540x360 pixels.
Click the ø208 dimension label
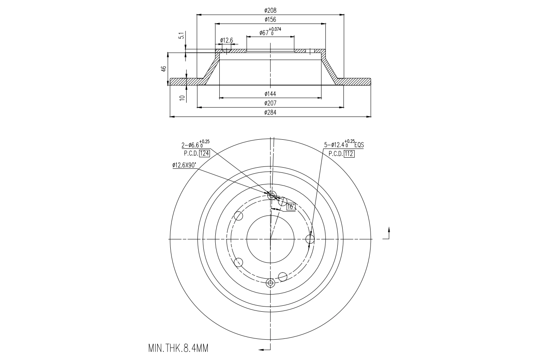point(270,11)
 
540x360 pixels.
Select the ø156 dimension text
point(270,20)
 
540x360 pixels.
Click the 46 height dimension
point(164,69)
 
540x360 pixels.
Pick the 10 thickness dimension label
point(182,97)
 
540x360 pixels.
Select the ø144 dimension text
point(270,94)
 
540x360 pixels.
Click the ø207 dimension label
point(270,103)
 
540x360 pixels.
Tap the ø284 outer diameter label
point(270,113)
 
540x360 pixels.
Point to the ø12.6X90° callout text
point(184,165)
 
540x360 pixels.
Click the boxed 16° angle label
point(290,206)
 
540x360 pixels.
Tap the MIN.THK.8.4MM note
point(178,348)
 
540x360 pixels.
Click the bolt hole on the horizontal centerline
point(310,239)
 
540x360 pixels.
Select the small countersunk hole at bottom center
point(271,283)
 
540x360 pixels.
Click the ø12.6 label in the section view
point(227,40)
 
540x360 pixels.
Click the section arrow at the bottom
point(264,350)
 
